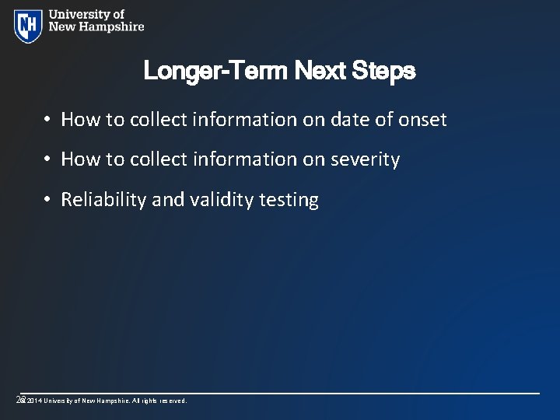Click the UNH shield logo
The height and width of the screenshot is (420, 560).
(x=28, y=25)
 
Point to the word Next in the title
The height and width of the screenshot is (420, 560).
(x=319, y=72)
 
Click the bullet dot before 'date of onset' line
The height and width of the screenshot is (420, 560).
(x=47, y=120)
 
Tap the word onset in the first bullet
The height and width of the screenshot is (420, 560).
(x=422, y=120)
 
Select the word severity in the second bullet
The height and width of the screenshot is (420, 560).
(x=365, y=159)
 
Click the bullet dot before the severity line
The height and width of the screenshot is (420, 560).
(x=47, y=160)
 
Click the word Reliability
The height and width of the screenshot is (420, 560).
(x=103, y=200)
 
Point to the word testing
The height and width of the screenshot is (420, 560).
(x=289, y=200)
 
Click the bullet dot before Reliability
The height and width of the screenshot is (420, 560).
(x=47, y=201)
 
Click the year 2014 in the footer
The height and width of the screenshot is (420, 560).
(x=33, y=401)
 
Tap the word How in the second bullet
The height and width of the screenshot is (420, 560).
(x=79, y=159)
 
